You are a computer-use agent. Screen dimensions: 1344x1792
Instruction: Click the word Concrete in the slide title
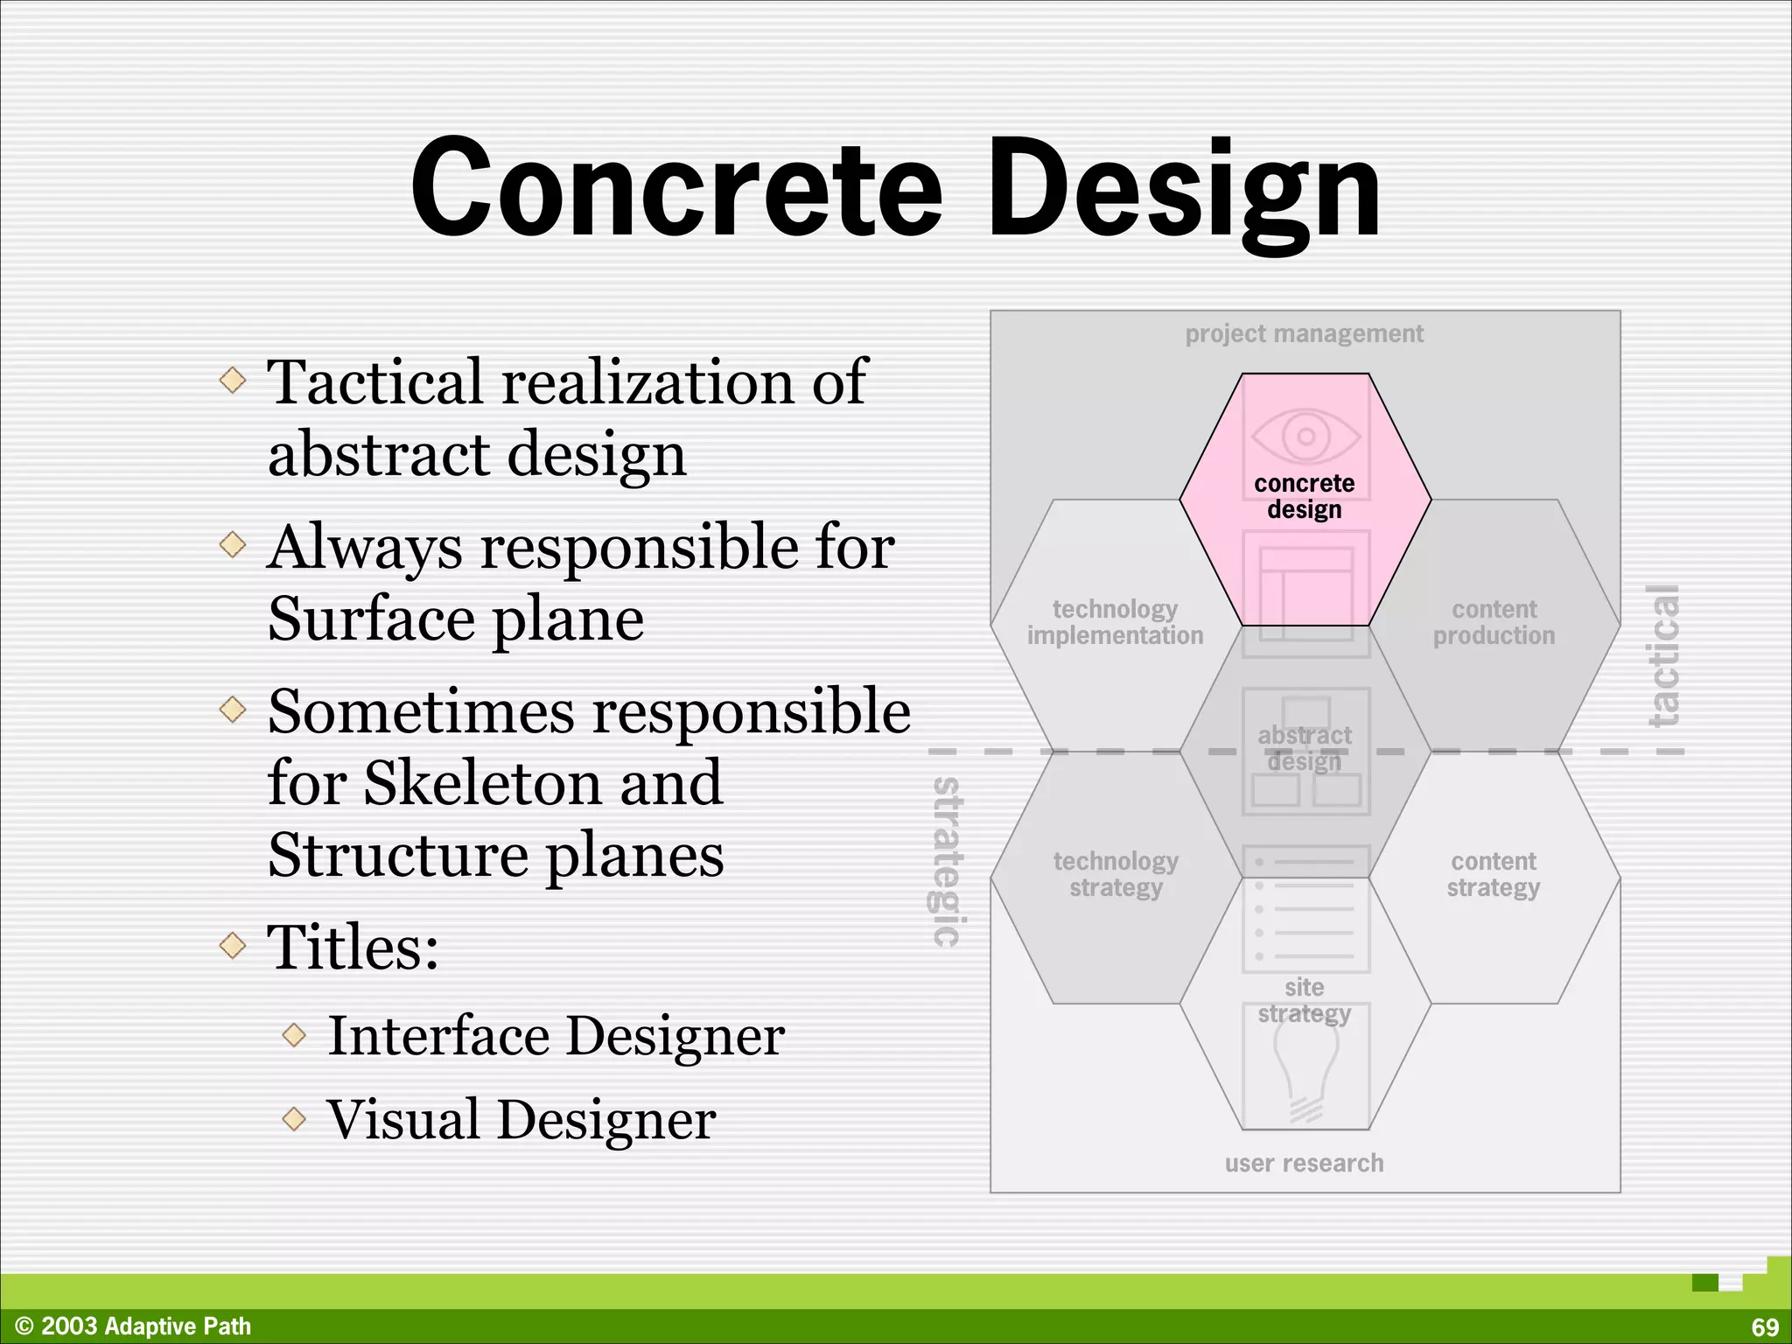coord(675,188)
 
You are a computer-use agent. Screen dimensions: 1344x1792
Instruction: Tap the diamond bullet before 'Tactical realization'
coord(233,380)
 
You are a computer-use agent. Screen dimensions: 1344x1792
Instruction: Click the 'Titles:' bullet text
coord(353,947)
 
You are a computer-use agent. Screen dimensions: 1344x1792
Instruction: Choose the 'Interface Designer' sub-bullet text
coord(556,1036)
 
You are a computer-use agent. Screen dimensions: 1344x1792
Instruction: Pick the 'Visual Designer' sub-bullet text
coord(521,1119)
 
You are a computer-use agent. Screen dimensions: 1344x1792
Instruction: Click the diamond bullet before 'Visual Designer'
coord(295,1118)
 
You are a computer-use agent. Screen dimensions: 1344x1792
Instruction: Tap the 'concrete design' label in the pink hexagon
coord(1304,496)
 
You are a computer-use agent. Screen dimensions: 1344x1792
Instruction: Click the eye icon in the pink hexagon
coord(1305,436)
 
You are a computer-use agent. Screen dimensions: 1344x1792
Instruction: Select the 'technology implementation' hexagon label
coord(1115,622)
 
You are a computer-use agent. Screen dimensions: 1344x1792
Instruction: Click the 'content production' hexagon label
coord(1494,622)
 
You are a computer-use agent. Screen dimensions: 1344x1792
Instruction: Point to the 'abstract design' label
coord(1304,748)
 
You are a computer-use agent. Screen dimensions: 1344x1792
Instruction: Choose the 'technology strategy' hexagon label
coord(1116,874)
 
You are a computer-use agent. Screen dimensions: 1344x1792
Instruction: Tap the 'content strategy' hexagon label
coord(1493,874)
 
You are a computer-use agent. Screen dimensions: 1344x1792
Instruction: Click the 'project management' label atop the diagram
coord(1304,333)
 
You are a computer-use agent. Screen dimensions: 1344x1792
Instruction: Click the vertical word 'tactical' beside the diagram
coord(1663,656)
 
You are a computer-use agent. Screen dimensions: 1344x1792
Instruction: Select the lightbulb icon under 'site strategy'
coord(1305,1072)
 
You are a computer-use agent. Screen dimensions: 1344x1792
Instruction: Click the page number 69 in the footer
coord(1765,1326)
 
